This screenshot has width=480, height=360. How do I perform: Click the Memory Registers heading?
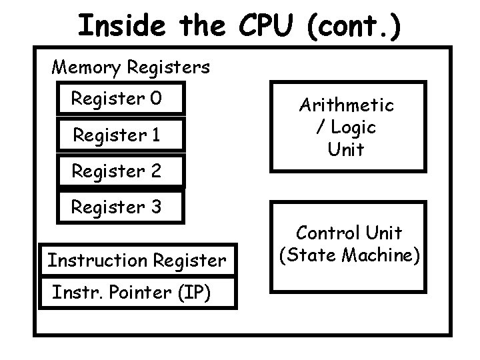point(131,67)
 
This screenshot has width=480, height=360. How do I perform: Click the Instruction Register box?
point(137,260)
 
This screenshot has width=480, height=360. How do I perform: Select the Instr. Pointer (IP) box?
point(137,292)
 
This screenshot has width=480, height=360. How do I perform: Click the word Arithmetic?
point(346,105)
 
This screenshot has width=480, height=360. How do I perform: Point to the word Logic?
point(353,127)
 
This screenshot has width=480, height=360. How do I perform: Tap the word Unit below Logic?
point(346,149)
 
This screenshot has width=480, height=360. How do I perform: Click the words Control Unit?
point(349,233)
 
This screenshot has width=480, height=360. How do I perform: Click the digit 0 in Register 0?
point(155,99)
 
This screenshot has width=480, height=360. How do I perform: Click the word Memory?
point(86,67)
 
